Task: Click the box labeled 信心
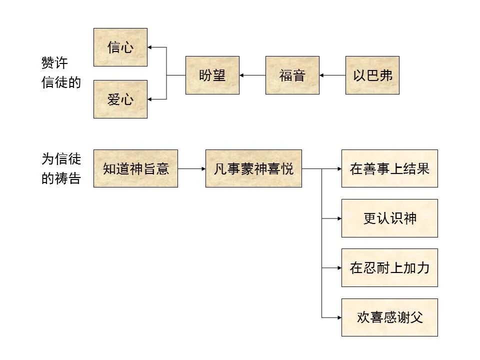click(120, 47)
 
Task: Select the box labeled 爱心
click(120, 99)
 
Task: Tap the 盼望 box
click(212, 75)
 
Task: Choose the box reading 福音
click(292, 75)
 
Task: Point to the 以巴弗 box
click(372, 75)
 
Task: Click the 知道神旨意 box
click(135, 168)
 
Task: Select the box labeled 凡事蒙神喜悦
click(253, 168)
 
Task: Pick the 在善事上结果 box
click(389, 168)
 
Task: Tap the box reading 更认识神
click(389, 218)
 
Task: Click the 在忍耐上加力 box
click(389, 267)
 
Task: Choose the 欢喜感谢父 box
click(389, 317)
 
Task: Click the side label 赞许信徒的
click(60, 73)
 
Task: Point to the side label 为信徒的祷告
click(60, 168)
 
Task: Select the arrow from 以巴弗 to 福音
click(332, 75)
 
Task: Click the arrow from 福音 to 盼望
click(252, 75)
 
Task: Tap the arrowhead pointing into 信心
click(150, 47)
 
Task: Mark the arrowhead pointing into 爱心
click(150, 99)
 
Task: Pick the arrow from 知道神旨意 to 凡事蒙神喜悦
click(191, 168)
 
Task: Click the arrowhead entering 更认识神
click(338, 218)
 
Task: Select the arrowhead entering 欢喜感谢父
click(338, 317)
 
